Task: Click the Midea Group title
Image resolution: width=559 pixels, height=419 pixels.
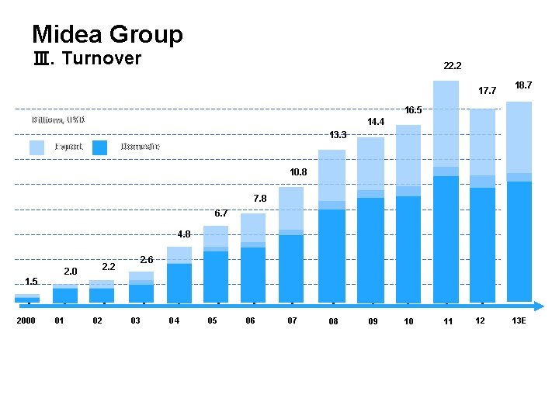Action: tap(107, 34)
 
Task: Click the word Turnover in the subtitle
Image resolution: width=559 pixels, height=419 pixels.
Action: tap(101, 59)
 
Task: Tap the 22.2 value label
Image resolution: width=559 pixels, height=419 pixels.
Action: tap(453, 67)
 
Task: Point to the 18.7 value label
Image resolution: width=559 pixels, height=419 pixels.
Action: tap(523, 84)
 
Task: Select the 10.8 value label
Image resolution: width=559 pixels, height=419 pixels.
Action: tap(299, 171)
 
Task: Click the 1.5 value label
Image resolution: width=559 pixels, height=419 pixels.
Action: tap(31, 281)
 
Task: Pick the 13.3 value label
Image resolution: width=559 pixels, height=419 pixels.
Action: tap(337, 135)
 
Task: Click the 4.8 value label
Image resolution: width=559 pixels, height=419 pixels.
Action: tap(183, 234)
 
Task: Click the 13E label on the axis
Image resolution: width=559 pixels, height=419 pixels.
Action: tap(519, 320)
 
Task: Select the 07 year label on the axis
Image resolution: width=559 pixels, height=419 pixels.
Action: tap(292, 320)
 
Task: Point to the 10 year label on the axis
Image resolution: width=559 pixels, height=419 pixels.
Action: tap(408, 321)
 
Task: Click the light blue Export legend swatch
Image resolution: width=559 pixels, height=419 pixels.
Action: tap(36, 147)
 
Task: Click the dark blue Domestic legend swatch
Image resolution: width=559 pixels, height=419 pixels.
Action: tap(99, 147)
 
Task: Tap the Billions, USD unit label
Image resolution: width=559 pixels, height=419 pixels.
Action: tap(59, 120)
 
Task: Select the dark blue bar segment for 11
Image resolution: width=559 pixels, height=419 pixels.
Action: tap(446, 237)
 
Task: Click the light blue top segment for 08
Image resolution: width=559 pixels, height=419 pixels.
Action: tap(332, 175)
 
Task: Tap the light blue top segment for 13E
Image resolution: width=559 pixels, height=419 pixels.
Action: tap(519, 137)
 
